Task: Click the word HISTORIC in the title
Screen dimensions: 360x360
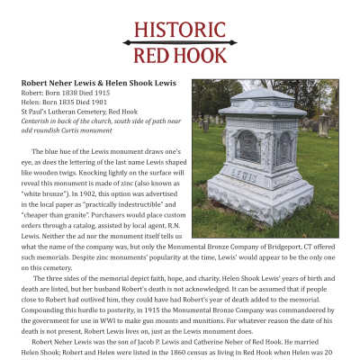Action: pyautogui.click(x=179, y=29)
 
